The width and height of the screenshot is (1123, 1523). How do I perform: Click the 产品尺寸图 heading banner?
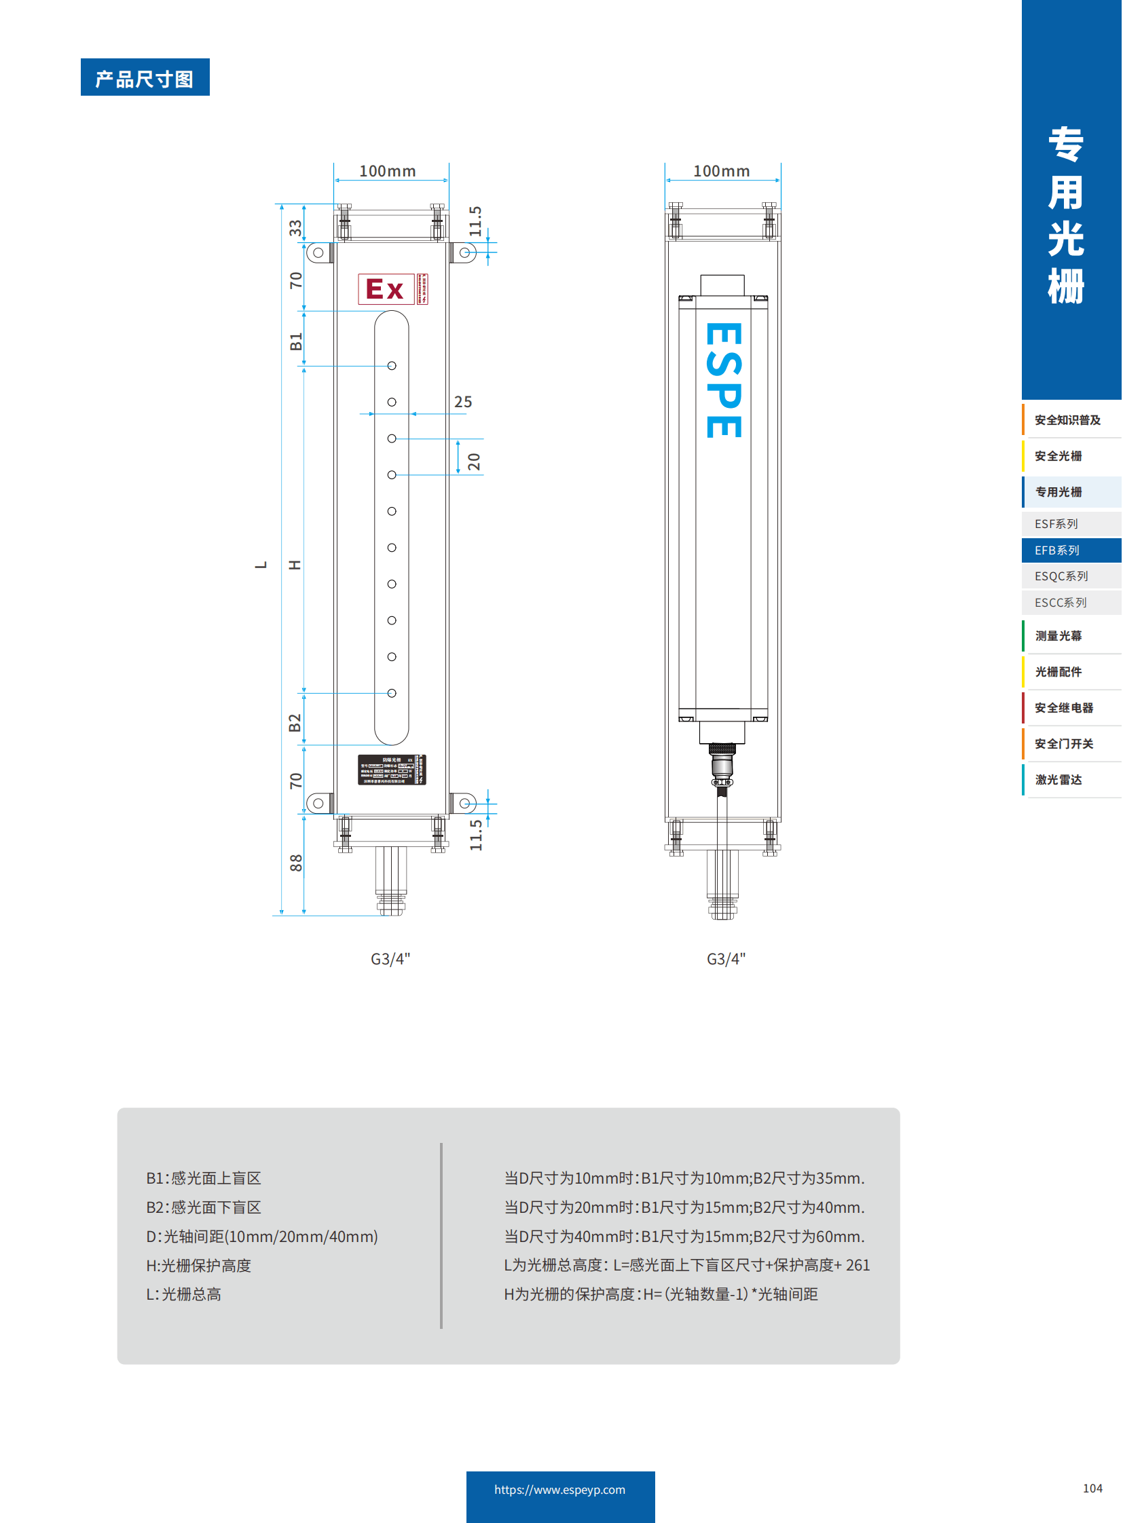145,77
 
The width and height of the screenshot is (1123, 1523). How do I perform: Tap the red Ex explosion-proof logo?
386,289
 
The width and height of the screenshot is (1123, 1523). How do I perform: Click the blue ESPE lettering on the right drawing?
723,381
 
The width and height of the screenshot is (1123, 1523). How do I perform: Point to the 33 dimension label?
295,227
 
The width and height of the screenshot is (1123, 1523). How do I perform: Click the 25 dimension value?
463,402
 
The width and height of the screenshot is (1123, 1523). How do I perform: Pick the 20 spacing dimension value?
474,462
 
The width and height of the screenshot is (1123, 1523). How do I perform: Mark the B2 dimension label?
295,722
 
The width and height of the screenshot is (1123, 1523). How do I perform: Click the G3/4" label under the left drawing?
390,959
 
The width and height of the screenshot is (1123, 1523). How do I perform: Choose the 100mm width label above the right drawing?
721,171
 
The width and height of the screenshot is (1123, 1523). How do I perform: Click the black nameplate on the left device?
392,770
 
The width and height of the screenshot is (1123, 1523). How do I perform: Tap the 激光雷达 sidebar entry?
1058,780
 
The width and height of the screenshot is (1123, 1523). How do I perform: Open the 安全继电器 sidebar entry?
1064,707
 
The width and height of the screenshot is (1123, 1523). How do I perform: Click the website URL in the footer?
559,1489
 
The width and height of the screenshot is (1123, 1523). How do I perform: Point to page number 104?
1092,1488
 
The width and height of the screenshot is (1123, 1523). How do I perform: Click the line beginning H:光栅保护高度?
198,1265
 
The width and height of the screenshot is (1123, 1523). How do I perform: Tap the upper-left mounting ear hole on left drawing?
318,252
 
